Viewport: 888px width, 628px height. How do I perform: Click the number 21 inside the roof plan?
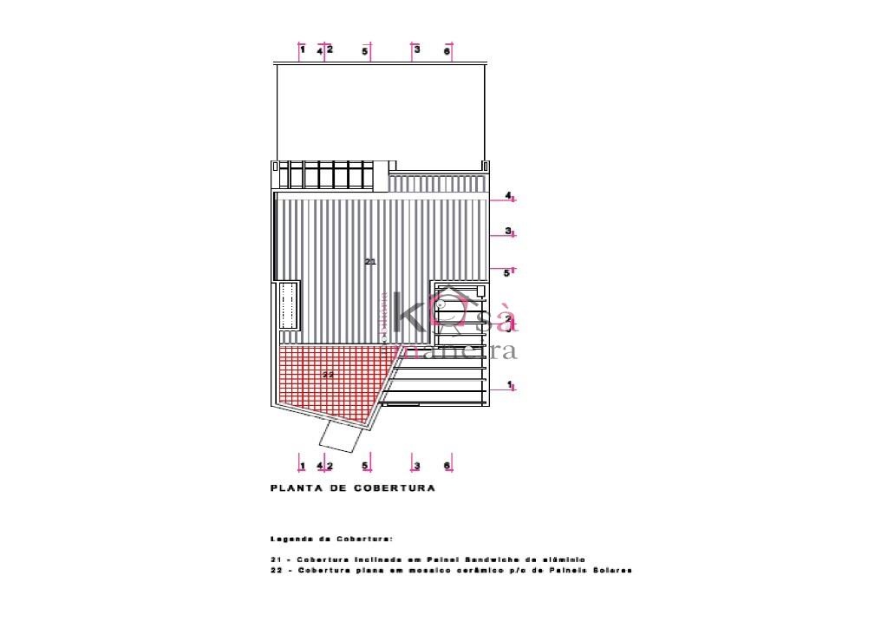pos(370,261)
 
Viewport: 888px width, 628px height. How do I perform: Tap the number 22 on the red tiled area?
pos(329,375)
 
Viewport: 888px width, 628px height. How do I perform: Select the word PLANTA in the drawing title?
pos(295,488)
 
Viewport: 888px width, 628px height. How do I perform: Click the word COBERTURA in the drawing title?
pos(394,488)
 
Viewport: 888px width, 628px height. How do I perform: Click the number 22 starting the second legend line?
pos(276,571)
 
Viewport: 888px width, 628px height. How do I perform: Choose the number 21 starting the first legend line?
pos(276,559)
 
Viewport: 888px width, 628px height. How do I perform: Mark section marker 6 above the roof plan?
pos(447,52)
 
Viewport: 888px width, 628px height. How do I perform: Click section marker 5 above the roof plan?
pos(365,52)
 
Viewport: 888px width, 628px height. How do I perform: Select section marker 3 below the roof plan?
pos(416,466)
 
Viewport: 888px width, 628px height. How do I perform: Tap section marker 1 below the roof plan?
pos(302,466)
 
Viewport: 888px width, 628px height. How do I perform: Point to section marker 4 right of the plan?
pos(509,196)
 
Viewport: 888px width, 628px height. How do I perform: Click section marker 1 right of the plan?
pos(510,384)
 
